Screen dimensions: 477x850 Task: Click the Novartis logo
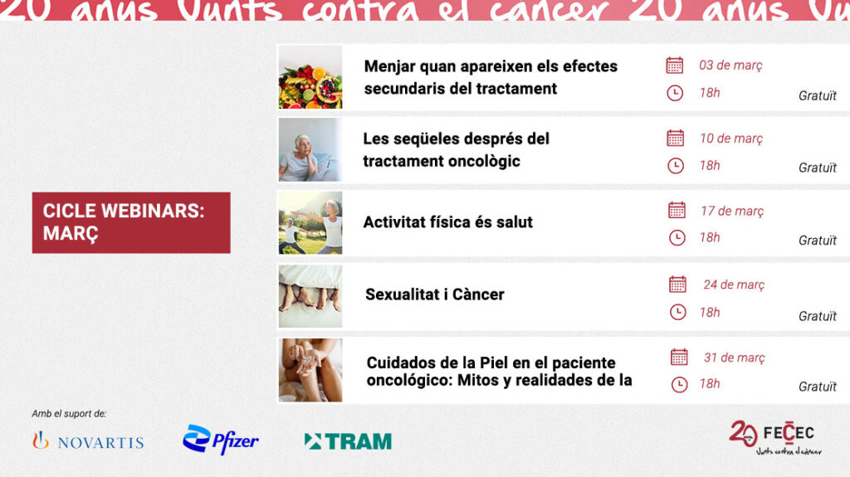[88, 441]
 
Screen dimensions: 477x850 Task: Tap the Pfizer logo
[221, 440]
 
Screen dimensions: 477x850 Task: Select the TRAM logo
[348, 441]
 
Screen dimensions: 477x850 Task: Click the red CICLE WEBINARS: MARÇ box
[131, 222]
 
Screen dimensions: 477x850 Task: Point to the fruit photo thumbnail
[310, 77]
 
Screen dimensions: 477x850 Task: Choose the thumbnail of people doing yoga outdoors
[310, 222]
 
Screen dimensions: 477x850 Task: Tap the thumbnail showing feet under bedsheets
[310, 296]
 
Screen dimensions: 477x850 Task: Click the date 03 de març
[730, 66]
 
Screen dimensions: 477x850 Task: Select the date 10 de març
[730, 139]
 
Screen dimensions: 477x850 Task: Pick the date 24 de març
[734, 285]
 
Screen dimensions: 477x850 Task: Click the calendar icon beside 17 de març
[677, 211]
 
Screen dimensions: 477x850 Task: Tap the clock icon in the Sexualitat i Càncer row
[678, 312]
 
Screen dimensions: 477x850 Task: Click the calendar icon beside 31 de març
[679, 358]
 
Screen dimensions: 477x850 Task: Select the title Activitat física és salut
[448, 222]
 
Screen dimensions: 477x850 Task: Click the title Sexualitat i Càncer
[435, 294]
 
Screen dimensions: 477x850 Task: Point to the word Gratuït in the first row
[818, 95]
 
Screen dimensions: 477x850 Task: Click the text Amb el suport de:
[69, 414]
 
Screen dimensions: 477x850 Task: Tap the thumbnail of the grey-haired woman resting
[310, 149]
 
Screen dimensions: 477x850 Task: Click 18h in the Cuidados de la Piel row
[710, 384]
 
